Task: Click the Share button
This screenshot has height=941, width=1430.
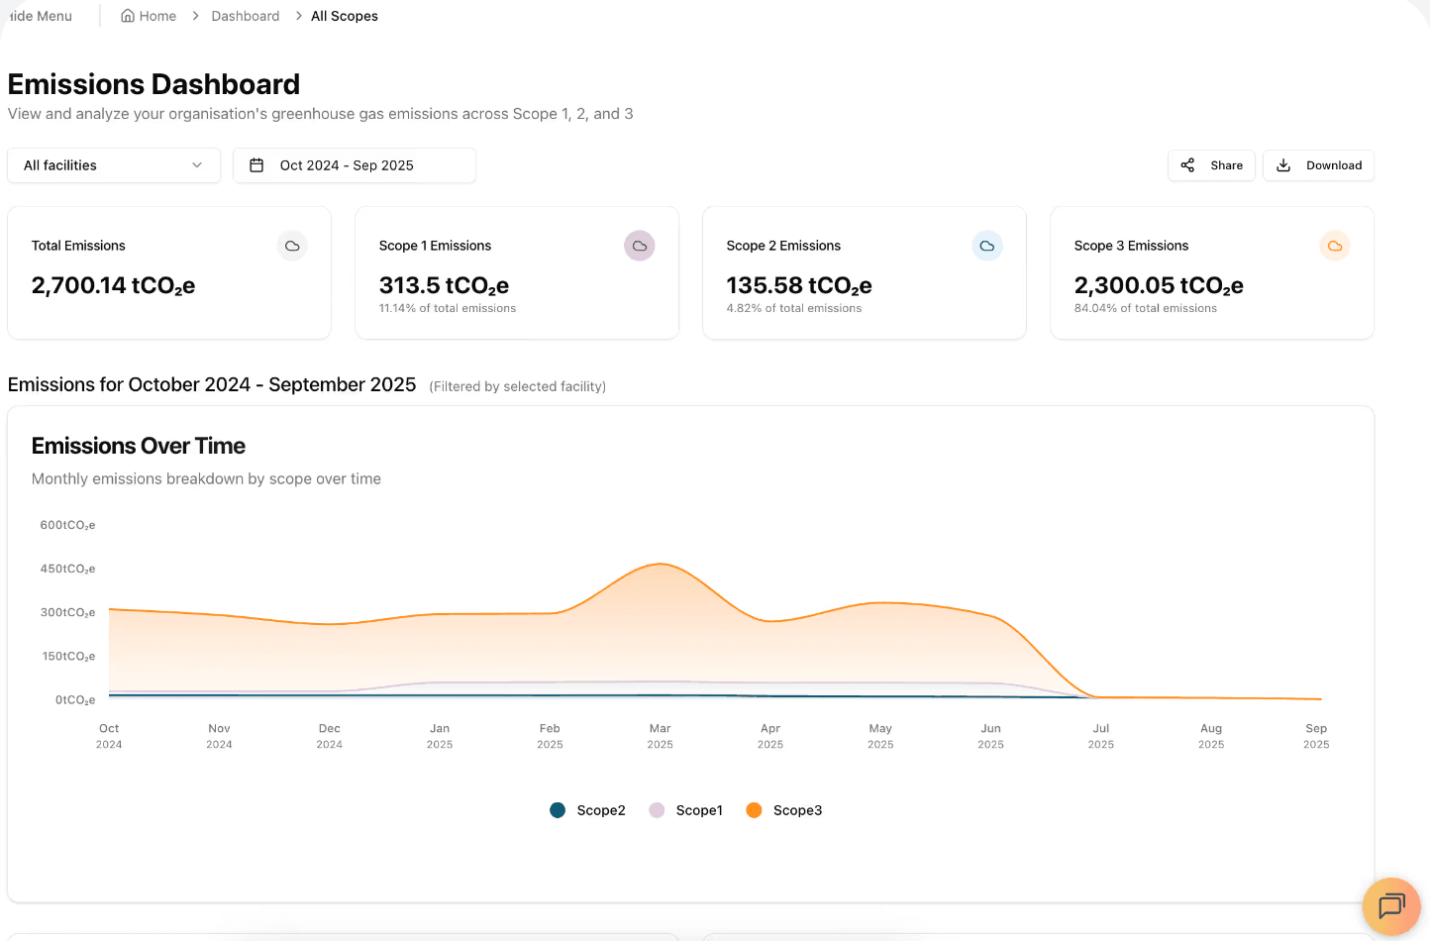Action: pos(1211,165)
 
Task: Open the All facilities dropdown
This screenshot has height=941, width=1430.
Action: pos(114,165)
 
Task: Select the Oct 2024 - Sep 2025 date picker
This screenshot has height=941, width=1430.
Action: pos(354,165)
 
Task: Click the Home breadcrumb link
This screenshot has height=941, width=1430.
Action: pos(149,16)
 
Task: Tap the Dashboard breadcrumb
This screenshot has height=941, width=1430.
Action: pos(245,16)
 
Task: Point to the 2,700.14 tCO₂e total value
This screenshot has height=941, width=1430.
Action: pos(113,285)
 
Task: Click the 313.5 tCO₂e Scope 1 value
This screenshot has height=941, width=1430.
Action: pos(444,285)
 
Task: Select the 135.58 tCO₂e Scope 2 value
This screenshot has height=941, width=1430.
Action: pos(798,285)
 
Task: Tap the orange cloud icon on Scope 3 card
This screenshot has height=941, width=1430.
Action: pos(1334,246)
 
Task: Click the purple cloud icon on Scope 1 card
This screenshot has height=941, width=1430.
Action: pos(639,246)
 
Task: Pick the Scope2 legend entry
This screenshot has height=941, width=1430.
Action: pos(588,810)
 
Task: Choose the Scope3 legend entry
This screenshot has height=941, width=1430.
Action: pos(784,810)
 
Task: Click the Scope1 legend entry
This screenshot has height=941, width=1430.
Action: pos(686,810)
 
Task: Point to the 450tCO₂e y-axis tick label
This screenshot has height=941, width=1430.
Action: pos(67,569)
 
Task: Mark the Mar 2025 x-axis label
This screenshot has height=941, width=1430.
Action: pos(660,736)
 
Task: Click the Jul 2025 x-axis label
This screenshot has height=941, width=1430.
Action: pos(1100,736)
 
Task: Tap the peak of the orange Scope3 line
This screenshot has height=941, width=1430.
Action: pos(661,564)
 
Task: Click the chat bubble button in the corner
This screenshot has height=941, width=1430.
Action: pos(1391,905)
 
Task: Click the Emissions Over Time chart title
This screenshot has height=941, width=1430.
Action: pos(139,446)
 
